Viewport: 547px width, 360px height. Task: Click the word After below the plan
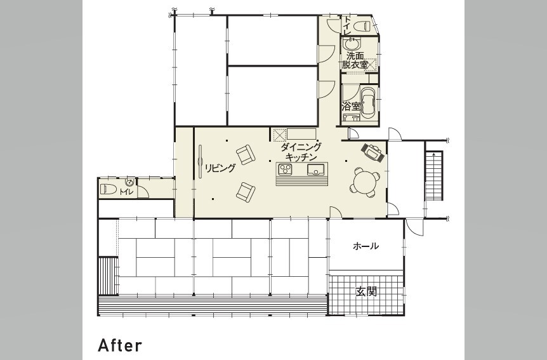click(120, 345)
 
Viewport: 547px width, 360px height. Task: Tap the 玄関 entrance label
click(366, 291)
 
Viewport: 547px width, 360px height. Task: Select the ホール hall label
click(366, 246)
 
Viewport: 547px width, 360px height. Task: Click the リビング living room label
click(220, 168)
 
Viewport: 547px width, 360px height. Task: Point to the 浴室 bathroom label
click(350, 106)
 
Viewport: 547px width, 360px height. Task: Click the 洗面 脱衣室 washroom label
click(355, 60)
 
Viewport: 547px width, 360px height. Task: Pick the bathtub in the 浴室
click(367, 102)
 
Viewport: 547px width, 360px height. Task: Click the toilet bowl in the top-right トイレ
click(362, 26)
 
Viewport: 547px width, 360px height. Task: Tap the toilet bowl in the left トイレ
click(109, 189)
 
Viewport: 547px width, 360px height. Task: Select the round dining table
click(364, 182)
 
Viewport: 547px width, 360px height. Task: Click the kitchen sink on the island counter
click(316, 170)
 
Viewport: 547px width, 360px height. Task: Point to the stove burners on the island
click(286, 170)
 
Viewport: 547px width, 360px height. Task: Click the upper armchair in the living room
click(246, 154)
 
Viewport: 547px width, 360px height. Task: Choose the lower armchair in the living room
click(246, 192)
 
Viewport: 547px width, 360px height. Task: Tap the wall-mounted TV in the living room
click(201, 162)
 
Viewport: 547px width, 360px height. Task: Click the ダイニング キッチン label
click(301, 152)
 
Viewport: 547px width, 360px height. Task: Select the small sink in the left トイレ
click(129, 182)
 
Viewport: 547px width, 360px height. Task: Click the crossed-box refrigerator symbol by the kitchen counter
click(279, 135)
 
